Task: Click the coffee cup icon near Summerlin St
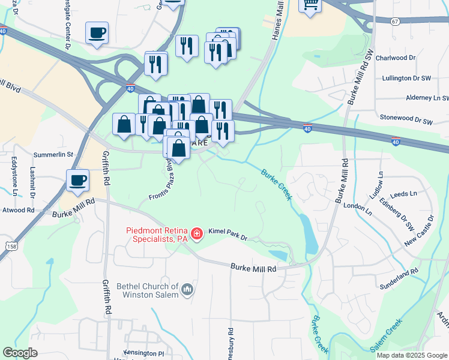coord(77,181)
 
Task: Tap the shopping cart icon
coord(310,5)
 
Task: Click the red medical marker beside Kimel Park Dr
coord(196,233)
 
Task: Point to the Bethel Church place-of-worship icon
coord(187,290)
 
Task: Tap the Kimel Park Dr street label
coord(228,233)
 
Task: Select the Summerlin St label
coord(54,154)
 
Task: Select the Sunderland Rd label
coord(398,273)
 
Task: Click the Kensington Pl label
coord(143,353)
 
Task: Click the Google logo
coord(20,352)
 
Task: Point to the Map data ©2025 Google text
coord(411,355)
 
